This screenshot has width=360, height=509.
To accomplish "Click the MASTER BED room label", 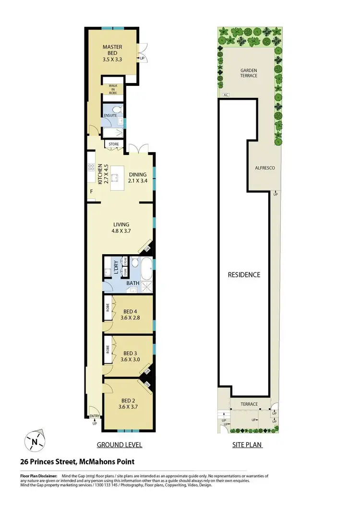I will [x=113, y=47].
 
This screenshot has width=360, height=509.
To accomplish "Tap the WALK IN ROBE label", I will [x=113, y=89].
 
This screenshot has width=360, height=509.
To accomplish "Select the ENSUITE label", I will [x=110, y=116].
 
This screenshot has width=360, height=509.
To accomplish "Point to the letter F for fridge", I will [x=91, y=192].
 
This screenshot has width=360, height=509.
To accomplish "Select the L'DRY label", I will [x=116, y=266].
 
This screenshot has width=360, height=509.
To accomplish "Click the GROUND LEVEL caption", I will [x=120, y=445].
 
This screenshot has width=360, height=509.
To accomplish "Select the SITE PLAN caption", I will [x=247, y=445].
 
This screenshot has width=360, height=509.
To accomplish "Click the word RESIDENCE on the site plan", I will [x=244, y=275].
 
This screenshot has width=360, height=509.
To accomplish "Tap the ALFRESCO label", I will [x=264, y=168].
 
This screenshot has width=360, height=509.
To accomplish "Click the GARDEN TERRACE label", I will [x=249, y=73].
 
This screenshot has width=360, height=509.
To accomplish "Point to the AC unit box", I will [x=225, y=95].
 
